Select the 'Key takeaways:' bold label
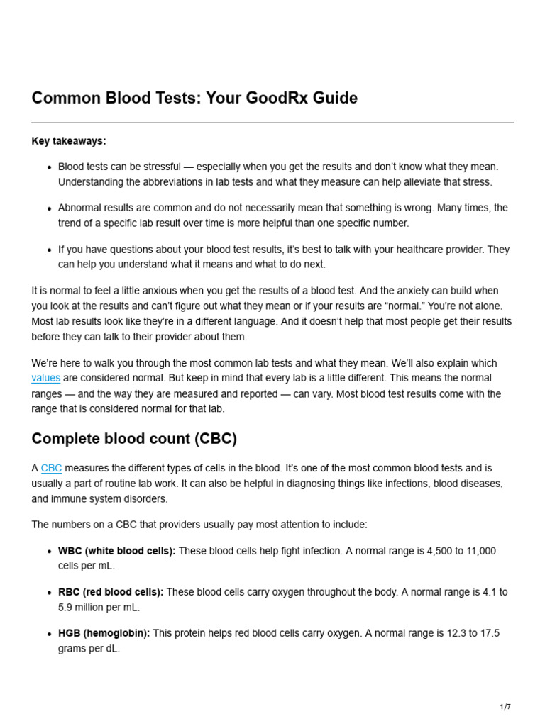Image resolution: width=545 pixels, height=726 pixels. click(69, 141)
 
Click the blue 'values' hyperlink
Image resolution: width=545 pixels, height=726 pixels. click(46, 379)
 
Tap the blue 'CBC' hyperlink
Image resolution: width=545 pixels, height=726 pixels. click(52, 469)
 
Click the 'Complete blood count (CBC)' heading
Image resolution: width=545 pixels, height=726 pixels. click(134, 439)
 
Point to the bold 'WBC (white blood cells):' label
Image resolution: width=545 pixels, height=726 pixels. click(116, 552)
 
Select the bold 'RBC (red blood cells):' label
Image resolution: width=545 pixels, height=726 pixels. click(111, 592)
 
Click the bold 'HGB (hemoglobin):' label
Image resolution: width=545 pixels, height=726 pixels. click(104, 633)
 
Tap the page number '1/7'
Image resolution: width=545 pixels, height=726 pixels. click(505, 707)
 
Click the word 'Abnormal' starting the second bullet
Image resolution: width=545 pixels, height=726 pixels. click(79, 208)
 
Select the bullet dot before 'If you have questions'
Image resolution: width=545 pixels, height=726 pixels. click(49, 250)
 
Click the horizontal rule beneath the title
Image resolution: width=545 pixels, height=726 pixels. click(272, 123)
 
